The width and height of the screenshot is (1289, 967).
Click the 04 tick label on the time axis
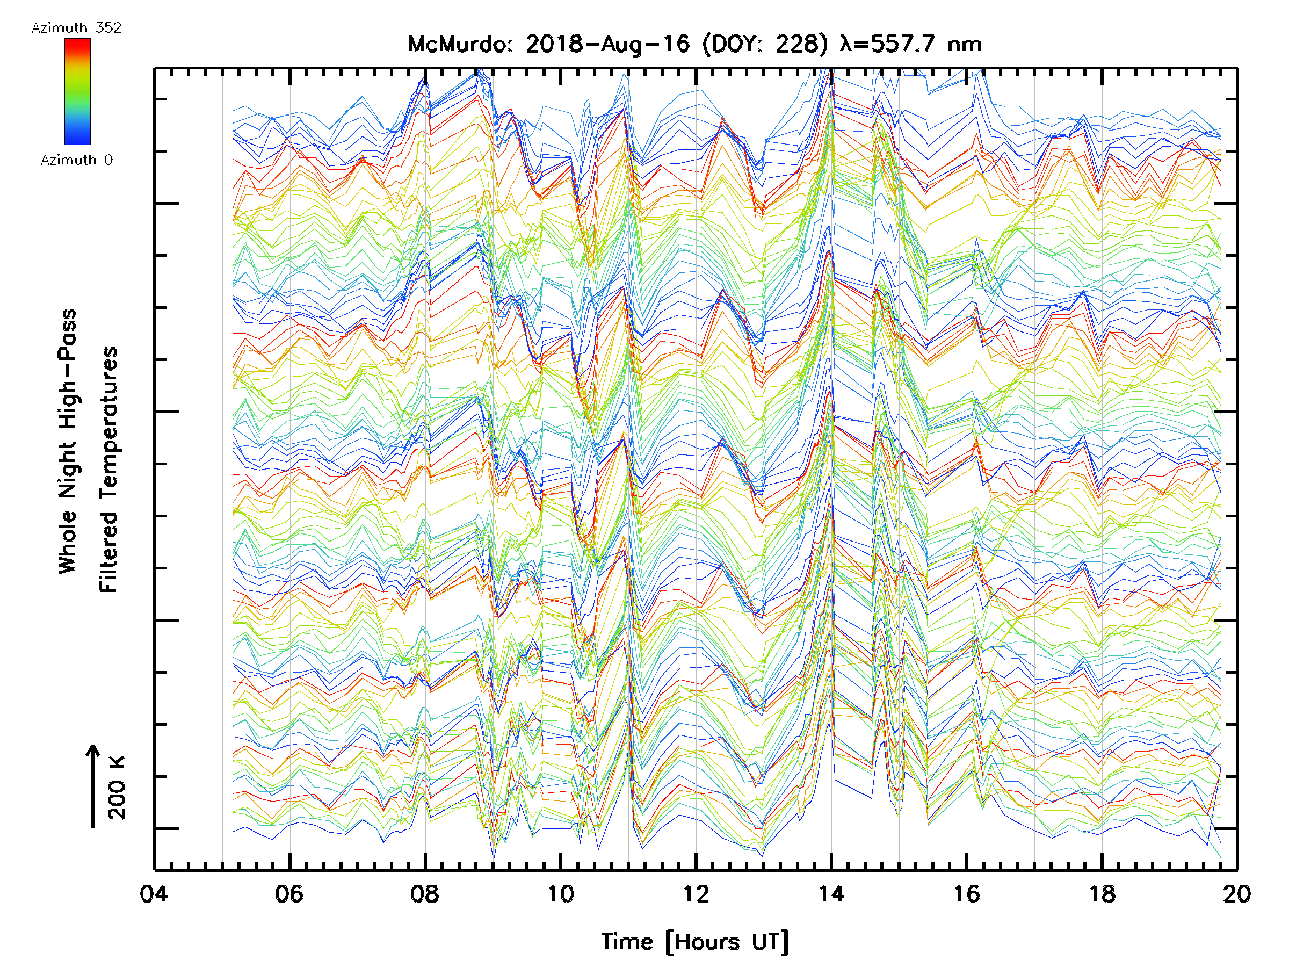(153, 894)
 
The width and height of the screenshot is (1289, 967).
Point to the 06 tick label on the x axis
(289, 894)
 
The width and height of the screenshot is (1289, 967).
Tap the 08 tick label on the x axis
(424, 894)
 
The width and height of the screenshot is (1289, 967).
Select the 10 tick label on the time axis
(560, 894)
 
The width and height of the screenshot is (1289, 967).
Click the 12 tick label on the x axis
(695, 894)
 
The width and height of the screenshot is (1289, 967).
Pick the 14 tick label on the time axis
(831, 894)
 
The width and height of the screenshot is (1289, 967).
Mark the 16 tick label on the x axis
(966, 894)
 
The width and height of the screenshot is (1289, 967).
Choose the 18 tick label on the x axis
(1102, 894)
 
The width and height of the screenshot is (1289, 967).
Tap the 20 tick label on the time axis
(1236, 894)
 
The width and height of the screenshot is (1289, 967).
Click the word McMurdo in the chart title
(458, 44)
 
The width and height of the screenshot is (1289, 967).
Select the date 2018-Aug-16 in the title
(607, 44)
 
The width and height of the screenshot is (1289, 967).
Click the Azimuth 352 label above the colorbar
(76, 28)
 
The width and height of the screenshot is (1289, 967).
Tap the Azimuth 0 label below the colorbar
(76, 160)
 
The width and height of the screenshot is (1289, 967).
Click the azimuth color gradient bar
(77, 91)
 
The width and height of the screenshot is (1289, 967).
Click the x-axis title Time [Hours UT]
(695, 942)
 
